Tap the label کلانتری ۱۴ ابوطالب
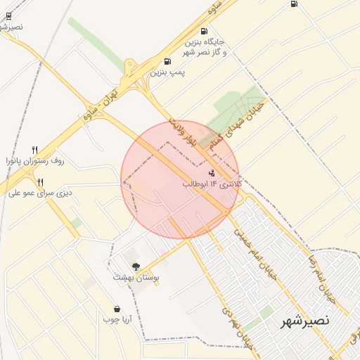tap(212, 184)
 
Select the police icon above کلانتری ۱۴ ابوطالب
tap(212, 172)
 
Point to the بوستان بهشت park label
tap(136, 278)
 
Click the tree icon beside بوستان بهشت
tap(136, 266)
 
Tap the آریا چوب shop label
tap(117, 320)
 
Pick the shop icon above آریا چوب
tap(116, 309)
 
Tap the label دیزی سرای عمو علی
tap(40, 193)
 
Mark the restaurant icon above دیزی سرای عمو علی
tap(40, 181)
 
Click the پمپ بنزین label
tap(167, 72)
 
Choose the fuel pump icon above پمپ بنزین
tap(167, 61)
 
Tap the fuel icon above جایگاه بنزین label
tap(204, 31)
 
